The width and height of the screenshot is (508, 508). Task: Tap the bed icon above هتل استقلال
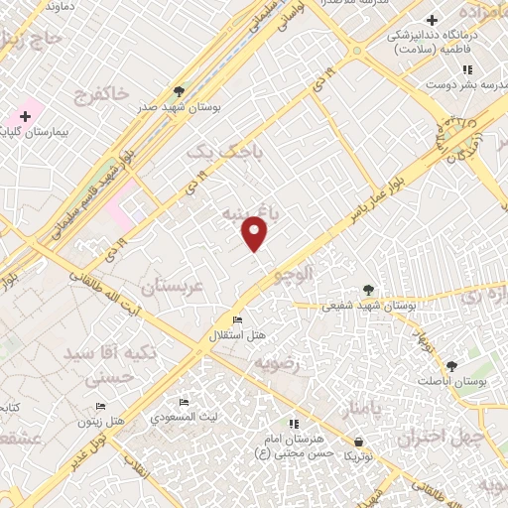point(237,319)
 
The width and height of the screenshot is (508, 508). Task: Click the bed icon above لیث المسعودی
point(184,403)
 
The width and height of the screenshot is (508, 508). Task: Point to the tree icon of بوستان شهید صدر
point(179,90)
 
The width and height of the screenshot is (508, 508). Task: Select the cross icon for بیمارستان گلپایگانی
point(25,117)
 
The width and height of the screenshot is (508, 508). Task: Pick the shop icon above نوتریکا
point(358,442)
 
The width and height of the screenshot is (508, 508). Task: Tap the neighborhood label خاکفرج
point(102,94)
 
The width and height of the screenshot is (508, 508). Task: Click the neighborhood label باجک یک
point(213,151)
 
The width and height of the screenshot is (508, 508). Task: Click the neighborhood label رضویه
point(277,364)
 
